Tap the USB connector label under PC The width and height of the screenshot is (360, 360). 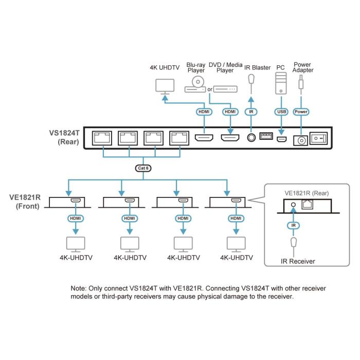tap(281, 111)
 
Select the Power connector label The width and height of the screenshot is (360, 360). tap(301, 111)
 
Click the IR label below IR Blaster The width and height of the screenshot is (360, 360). tap(251, 111)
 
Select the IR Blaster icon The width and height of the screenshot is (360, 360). tap(251, 80)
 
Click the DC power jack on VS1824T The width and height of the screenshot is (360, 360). tap(300, 139)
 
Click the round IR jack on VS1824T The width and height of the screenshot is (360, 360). tap(251, 138)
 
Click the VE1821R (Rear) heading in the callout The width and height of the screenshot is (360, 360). tap(307, 193)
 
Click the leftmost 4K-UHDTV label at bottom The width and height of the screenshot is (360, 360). tap(76, 257)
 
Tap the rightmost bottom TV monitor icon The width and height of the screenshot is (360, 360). tap(236, 242)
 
